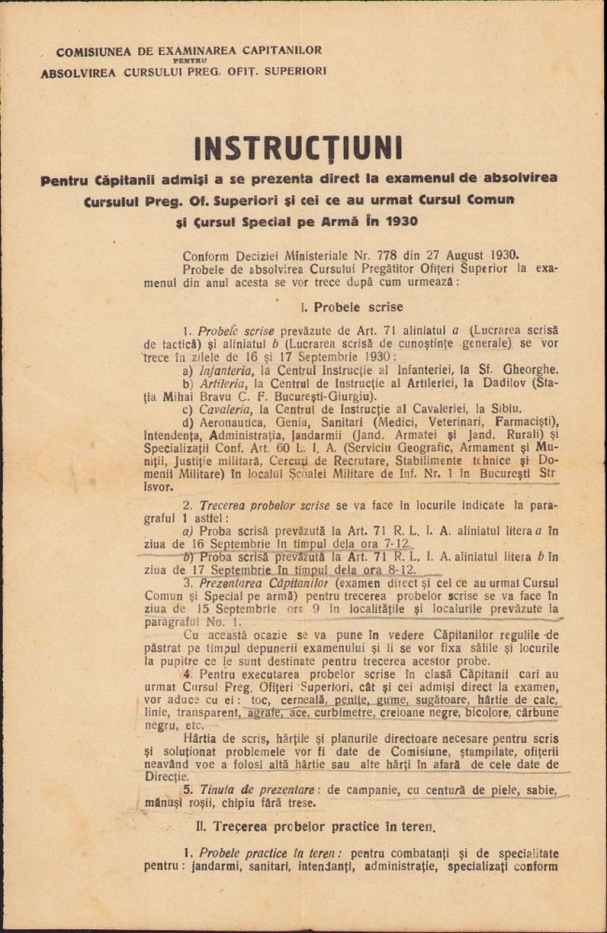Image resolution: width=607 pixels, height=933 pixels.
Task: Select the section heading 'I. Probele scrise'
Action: (x=352, y=306)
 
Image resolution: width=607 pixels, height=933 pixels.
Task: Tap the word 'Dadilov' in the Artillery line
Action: (x=509, y=382)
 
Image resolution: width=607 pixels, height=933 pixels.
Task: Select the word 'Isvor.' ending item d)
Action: (x=159, y=486)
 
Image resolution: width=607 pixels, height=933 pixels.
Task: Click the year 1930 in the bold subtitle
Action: (x=399, y=221)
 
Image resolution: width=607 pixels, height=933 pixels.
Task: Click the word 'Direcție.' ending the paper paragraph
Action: (x=168, y=775)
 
